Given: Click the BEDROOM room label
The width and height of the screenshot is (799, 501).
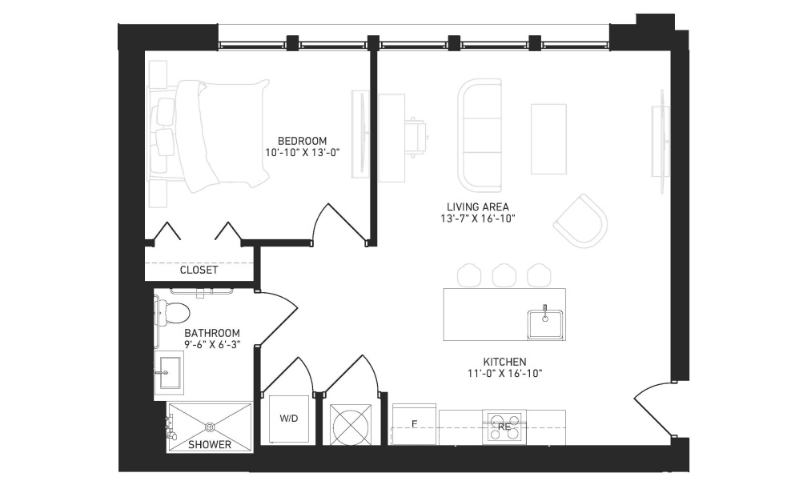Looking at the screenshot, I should (x=302, y=139).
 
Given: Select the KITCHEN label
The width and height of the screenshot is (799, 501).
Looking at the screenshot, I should (x=504, y=362).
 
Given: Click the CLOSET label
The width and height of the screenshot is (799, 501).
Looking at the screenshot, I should (x=199, y=270).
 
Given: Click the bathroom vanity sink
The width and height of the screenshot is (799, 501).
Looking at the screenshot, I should (x=171, y=370).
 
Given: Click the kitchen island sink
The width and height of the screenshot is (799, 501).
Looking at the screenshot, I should (x=545, y=320).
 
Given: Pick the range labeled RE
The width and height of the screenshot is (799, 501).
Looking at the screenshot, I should (x=504, y=427).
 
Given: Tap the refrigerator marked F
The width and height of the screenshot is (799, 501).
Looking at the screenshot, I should (x=414, y=423).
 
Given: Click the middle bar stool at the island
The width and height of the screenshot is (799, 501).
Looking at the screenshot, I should (x=504, y=275).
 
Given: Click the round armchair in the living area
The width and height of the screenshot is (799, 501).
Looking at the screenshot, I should (x=580, y=220).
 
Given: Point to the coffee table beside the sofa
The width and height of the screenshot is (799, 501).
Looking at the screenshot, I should (x=548, y=138).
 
